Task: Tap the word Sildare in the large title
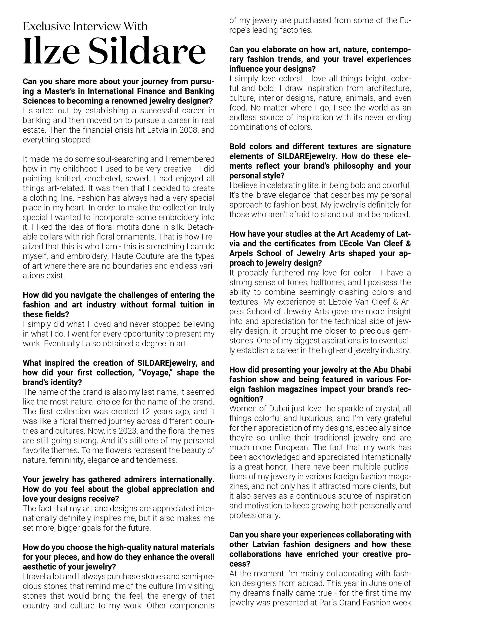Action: [147, 51]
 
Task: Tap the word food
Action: [237, 108]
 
